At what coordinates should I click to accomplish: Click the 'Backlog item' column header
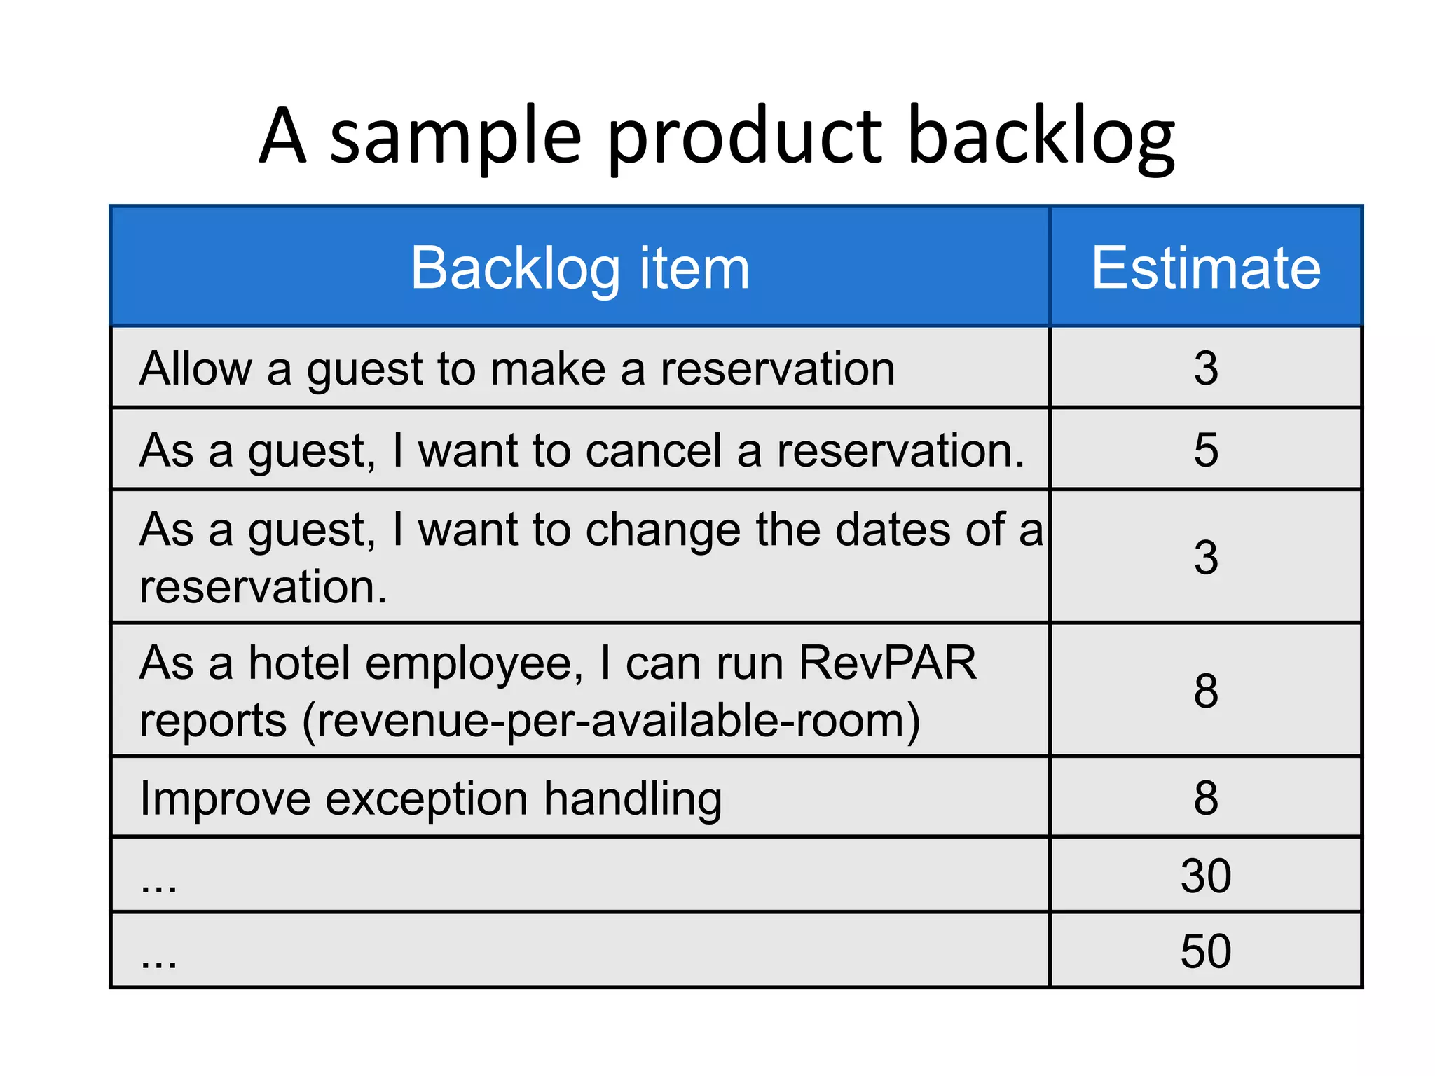tap(579, 268)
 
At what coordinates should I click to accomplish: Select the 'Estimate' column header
tap(1205, 268)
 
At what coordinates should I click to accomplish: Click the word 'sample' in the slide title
tap(455, 137)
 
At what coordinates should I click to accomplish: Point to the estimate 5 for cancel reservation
tap(1206, 450)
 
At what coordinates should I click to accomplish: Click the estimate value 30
tap(1206, 876)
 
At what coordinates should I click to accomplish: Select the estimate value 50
tap(1206, 951)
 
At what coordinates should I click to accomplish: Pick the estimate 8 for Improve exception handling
tap(1206, 798)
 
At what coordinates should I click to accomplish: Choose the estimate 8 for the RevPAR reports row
tap(1206, 691)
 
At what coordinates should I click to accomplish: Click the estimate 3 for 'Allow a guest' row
tap(1206, 368)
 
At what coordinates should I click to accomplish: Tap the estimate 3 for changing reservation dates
tap(1206, 558)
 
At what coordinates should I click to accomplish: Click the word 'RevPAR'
tap(887, 663)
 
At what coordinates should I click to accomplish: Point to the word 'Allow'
tap(195, 368)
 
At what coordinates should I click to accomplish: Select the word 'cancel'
tap(653, 450)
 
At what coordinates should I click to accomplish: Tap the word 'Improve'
tap(225, 799)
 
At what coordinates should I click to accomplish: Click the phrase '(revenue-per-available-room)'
tap(611, 722)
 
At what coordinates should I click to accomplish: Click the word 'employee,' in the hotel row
tap(474, 664)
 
